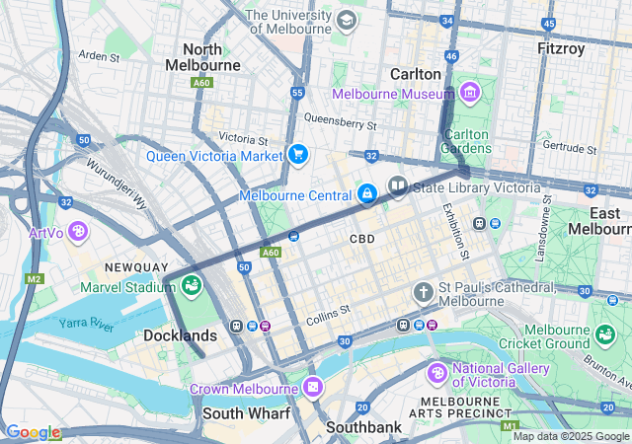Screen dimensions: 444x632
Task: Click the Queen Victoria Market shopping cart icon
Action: pyautogui.click(x=297, y=155)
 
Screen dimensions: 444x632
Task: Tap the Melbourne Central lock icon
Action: pyautogui.click(x=367, y=193)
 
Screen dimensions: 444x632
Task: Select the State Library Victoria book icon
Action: pyautogui.click(x=397, y=185)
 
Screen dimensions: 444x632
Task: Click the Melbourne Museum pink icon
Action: pyautogui.click(x=469, y=94)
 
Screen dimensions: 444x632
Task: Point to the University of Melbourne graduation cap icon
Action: pyautogui.click(x=346, y=21)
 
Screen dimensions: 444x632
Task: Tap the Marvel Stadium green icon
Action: pyautogui.click(x=192, y=286)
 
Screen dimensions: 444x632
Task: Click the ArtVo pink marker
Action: pyautogui.click(x=78, y=233)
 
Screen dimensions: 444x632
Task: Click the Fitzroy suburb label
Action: pyautogui.click(x=560, y=48)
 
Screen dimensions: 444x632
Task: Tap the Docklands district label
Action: pyautogui.click(x=180, y=336)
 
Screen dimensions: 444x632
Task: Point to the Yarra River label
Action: pyautogui.click(x=87, y=323)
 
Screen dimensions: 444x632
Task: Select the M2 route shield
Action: pyautogui.click(x=35, y=279)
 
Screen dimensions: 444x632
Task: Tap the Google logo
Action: pyautogui.click(x=33, y=432)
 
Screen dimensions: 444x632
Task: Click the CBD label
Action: pyautogui.click(x=362, y=240)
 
